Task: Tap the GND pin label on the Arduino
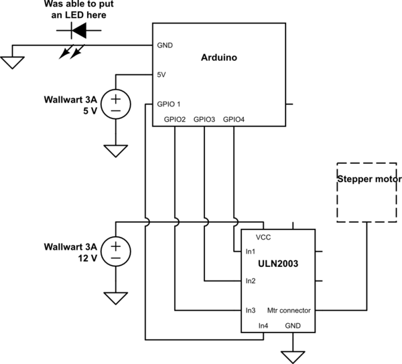point(165,45)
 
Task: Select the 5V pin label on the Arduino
point(161,75)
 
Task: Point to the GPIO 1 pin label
point(169,104)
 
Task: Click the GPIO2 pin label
point(175,119)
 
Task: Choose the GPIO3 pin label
point(204,119)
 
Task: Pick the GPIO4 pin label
point(234,119)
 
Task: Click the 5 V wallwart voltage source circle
point(116,104)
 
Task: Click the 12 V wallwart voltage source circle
point(116,251)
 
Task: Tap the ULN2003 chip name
point(277,264)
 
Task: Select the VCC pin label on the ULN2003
point(263,237)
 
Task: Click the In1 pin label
point(251,252)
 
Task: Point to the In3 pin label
point(251,310)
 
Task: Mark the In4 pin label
point(263,325)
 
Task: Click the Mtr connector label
point(289,310)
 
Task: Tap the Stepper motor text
point(368,179)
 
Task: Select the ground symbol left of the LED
point(11,62)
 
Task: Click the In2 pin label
point(251,281)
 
